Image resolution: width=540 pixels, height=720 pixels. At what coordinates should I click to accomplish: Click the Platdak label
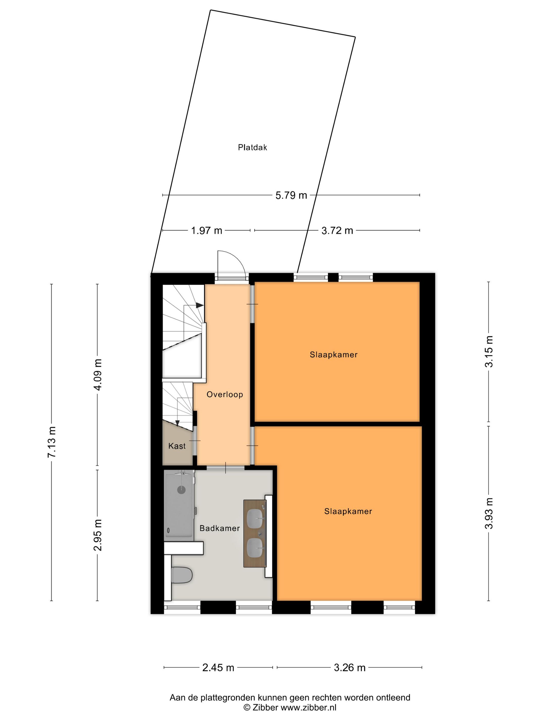(252, 147)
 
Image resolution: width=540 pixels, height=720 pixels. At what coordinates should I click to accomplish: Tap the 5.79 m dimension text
(291, 195)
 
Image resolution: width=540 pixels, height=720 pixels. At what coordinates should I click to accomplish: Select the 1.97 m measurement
(206, 231)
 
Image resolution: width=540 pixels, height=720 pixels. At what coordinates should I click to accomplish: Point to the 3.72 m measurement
(337, 231)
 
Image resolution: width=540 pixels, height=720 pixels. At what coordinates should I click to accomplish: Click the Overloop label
(224, 394)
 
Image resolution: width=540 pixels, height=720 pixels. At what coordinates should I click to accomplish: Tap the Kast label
(177, 446)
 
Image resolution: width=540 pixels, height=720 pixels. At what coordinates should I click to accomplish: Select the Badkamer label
(219, 528)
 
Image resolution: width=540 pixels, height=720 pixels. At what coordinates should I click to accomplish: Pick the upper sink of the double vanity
(255, 518)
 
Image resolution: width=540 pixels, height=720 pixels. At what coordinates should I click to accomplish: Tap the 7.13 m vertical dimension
(52, 442)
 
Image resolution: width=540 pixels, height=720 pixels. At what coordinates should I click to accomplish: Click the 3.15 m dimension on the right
(489, 351)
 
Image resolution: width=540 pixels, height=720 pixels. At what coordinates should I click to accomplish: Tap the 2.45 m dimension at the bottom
(218, 668)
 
